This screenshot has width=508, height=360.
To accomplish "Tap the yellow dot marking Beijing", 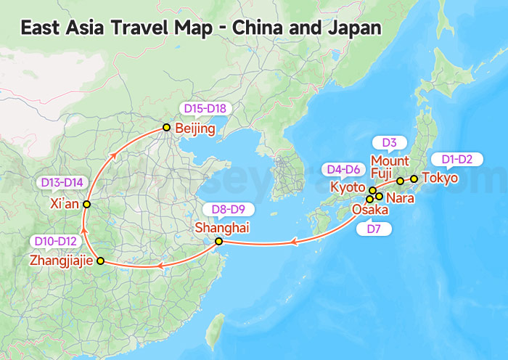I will click(x=166, y=128).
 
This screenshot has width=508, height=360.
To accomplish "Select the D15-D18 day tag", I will click(x=205, y=109).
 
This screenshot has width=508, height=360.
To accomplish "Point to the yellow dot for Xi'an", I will click(x=86, y=205).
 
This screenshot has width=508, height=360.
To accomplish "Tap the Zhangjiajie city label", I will click(x=61, y=260).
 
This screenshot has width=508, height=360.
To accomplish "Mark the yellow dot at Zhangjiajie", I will click(x=100, y=261).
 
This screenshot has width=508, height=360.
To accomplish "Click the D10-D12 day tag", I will click(x=56, y=240).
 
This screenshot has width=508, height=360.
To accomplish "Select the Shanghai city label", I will click(x=221, y=227).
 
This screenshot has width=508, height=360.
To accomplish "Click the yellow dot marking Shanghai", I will click(x=218, y=241).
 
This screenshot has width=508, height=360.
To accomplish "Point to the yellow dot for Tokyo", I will click(x=414, y=178).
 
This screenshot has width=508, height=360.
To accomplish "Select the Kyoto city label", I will click(x=348, y=187).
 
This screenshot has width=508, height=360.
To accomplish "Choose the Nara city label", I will click(x=401, y=197).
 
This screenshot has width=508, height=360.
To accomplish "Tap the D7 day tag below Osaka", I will click(x=374, y=229).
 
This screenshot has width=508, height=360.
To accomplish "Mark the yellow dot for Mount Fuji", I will click(x=400, y=181).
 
